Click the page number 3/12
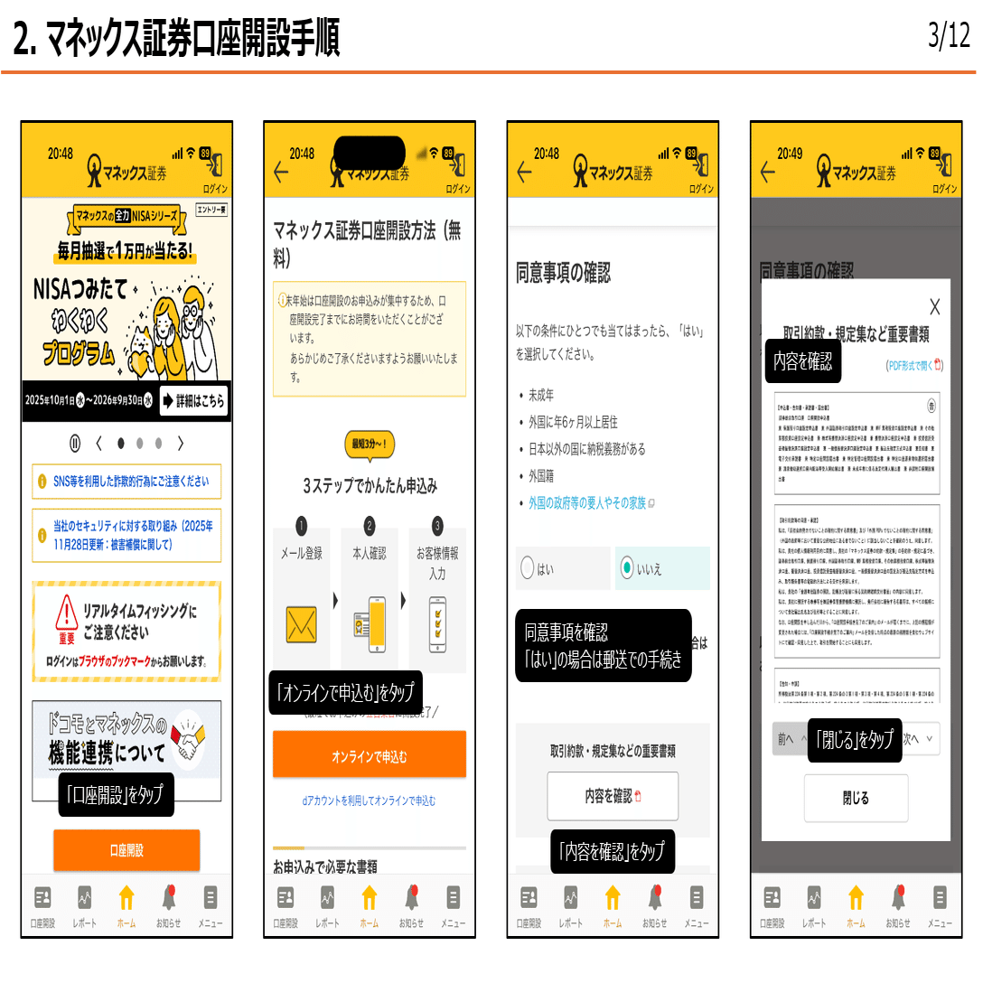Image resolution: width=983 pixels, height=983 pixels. pyautogui.click(x=948, y=36)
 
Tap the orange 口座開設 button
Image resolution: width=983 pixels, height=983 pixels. pyautogui.click(x=126, y=850)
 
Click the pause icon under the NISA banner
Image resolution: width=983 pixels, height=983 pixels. pyautogui.click(x=75, y=443)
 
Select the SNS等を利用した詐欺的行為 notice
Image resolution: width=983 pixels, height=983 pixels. pyautogui.click(x=126, y=482)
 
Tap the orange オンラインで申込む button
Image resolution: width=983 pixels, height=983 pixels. pyautogui.click(x=370, y=755)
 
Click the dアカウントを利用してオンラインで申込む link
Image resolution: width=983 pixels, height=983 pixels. pyautogui.click(x=370, y=800)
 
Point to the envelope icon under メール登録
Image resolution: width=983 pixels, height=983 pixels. pyautogui.click(x=301, y=623)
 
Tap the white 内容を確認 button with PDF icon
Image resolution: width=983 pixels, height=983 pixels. pyautogui.click(x=613, y=796)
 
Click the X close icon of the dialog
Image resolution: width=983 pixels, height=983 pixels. pyautogui.click(x=934, y=306)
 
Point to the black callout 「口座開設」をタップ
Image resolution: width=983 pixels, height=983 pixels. pyautogui.click(x=116, y=794)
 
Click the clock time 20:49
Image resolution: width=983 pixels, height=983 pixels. pyautogui.click(x=790, y=154)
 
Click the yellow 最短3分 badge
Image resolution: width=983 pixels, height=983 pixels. pyautogui.click(x=370, y=444)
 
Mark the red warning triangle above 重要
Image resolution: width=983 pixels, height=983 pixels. pyautogui.click(x=66, y=613)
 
